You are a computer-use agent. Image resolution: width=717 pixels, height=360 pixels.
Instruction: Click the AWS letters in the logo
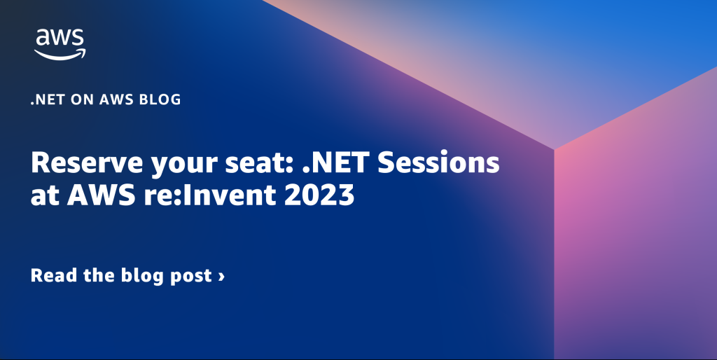tap(60, 38)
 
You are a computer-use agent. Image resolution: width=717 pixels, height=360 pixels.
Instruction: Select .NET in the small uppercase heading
tap(48, 99)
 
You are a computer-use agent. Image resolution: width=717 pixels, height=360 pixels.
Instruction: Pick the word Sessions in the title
tap(438, 163)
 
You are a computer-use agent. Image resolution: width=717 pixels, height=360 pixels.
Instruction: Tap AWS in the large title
tap(102, 195)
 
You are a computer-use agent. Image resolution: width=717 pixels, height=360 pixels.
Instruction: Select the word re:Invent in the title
tap(210, 195)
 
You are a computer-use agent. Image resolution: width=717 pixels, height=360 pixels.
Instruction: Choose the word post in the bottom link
tap(191, 277)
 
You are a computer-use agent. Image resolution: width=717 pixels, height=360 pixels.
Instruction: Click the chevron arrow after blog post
tap(221, 276)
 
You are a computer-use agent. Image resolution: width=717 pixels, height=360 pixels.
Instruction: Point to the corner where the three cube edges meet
tap(555, 149)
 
